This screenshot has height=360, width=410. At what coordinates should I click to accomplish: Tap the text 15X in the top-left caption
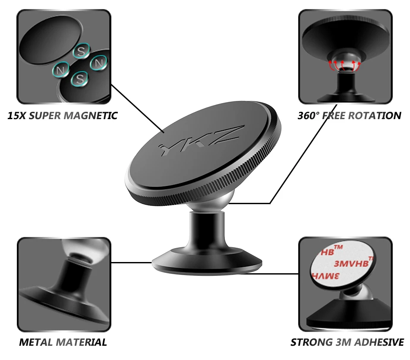(x=17, y=116)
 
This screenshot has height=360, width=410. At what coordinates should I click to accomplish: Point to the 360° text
(x=309, y=116)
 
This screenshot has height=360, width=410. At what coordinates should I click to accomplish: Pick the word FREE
(x=336, y=116)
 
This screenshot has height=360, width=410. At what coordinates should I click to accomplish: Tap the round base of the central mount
(x=207, y=262)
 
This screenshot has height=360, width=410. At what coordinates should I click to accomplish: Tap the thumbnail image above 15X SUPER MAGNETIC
(x=63, y=57)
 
